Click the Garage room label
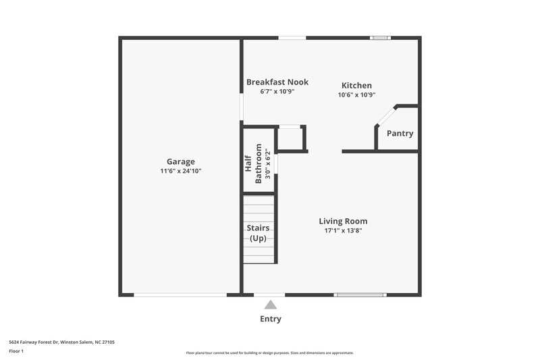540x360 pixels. (x=180, y=161)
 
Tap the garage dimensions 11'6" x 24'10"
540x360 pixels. (x=180, y=172)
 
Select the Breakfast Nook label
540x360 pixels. (x=277, y=82)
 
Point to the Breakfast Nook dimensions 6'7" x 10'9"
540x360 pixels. (x=277, y=91)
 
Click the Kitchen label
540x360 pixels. (x=356, y=85)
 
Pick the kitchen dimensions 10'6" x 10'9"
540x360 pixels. (x=356, y=95)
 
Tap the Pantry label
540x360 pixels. (x=400, y=133)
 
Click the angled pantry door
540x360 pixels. (x=385, y=116)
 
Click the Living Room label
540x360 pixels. (x=343, y=221)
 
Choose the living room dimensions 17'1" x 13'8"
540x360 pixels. (x=343, y=230)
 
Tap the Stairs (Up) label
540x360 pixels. (x=258, y=233)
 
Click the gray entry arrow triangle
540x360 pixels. (x=270, y=305)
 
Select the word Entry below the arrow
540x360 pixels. (x=270, y=319)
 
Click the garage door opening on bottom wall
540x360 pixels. (x=180, y=294)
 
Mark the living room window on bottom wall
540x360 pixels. (x=360, y=294)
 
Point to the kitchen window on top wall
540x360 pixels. (x=380, y=38)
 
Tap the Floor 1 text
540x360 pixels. (x=16, y=352)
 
